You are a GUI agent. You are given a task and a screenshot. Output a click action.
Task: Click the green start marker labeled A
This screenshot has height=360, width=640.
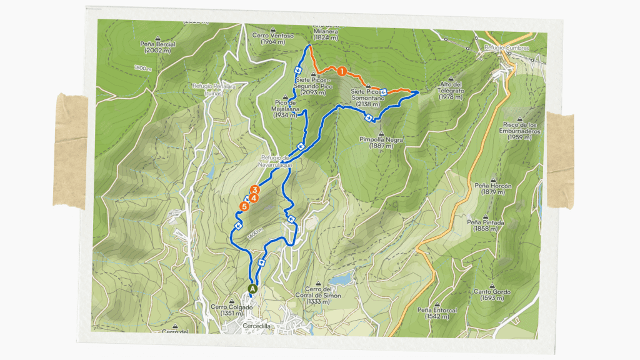[252, 289]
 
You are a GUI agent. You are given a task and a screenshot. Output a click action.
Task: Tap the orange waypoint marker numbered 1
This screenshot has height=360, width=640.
[342, 71]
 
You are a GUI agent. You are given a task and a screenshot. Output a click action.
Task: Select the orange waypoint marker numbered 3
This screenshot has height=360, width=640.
[254, 190]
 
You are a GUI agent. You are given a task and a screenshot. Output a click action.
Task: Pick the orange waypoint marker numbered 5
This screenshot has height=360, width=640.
[244, 206]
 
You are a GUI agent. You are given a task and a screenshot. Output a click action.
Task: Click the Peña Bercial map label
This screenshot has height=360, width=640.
[158, 47]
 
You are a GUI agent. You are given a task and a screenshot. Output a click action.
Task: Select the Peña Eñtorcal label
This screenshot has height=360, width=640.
[437, 312]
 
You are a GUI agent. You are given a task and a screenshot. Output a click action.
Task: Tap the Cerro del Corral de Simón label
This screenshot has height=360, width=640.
[323, 295]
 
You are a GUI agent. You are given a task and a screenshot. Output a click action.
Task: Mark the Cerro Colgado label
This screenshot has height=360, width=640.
[232, 310]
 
